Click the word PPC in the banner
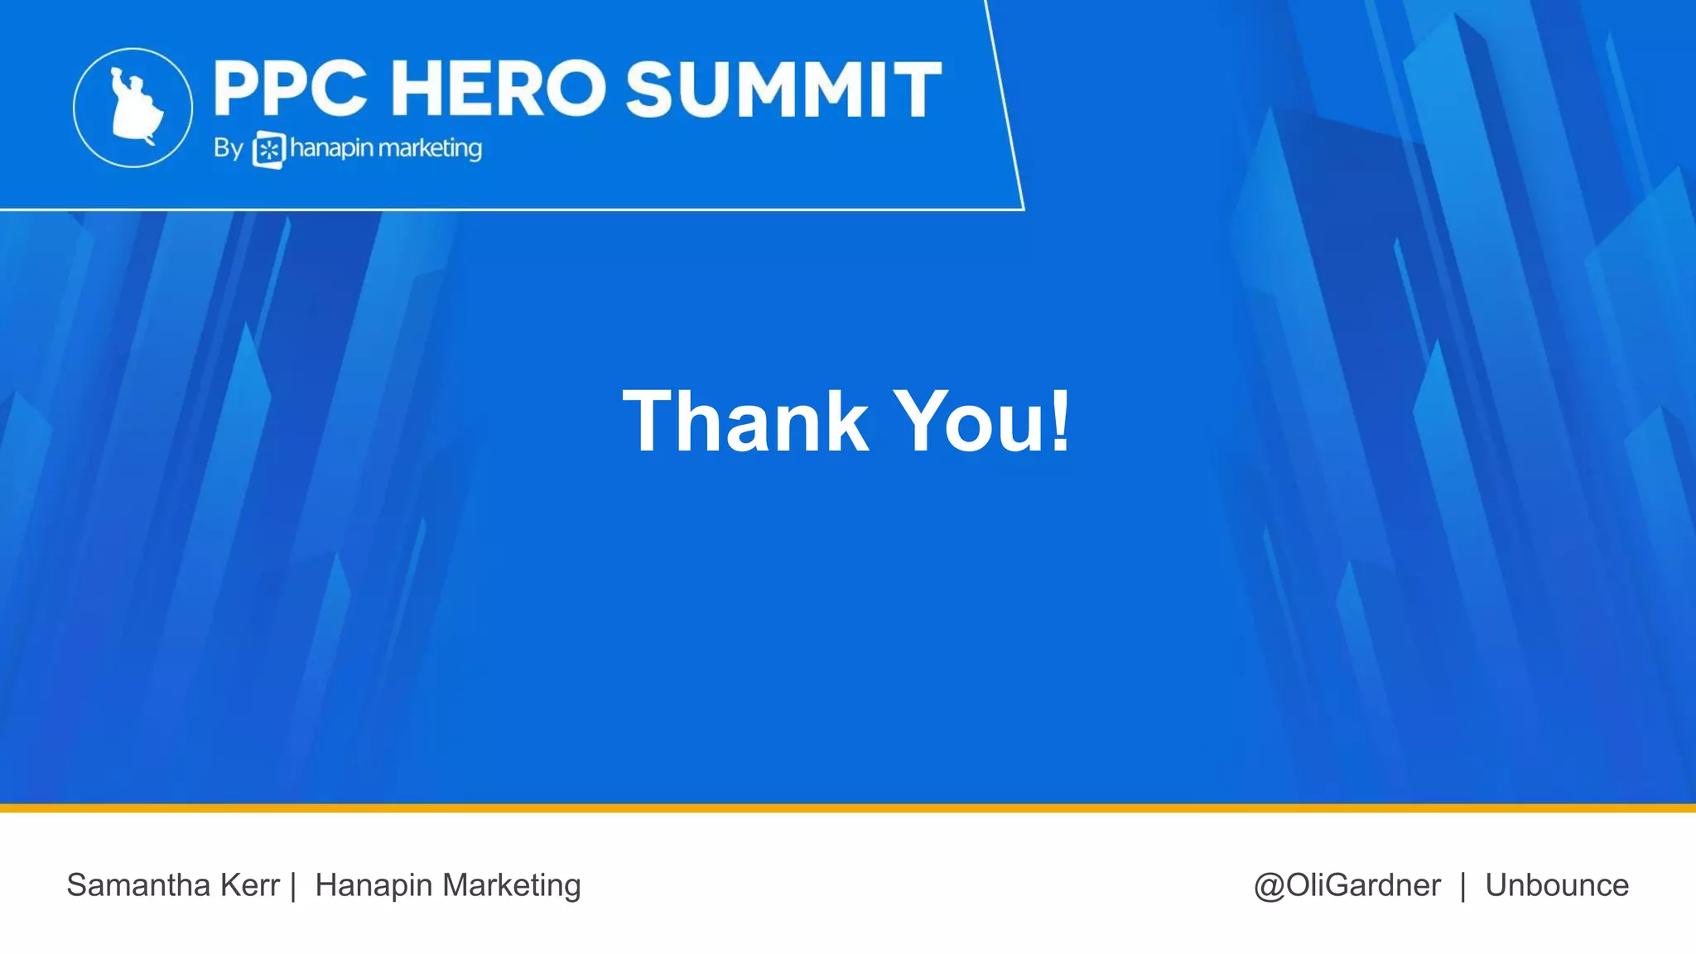pyautogui.click(x=291, y=89)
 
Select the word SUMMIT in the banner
pyautogui.click(x=783, y=89)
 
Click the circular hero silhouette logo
pyautogui.click(x=132, y=108)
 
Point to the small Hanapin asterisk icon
pyautogui.click(x=268, y=150)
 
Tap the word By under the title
pyautogui.click(x=228, y=148)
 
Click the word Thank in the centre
pyautogui.click(x=745, y=422)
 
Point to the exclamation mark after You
pyautogui.click(x=1060, y=422)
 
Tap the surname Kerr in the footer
pyautogui.click(x=249, y=885)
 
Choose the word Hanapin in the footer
pyautogui.click(x=374, y=886)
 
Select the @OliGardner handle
pyautogui.click(x=1347, y=885)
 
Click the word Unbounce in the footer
pyautogui.click(x=1557, y=885)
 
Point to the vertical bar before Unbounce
pyautogui.click(x=1463, y=885)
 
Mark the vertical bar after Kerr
pyautogui.click(x=293, y=885)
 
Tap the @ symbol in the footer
pyautogui.click(x=1270, y=886)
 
